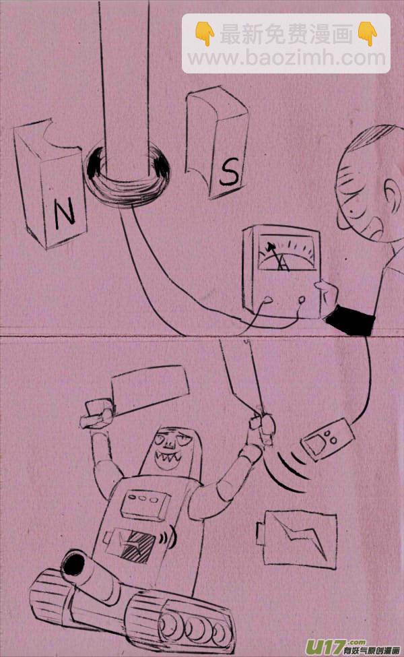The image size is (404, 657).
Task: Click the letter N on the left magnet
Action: coord(65,212)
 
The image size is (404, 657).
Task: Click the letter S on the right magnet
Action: coord(228,171)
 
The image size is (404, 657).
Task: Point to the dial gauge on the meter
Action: coord(286,253)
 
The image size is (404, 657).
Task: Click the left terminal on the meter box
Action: coord(267,300)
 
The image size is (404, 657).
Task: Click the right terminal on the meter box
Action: coord(302,300)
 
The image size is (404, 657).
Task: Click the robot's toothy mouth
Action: coord(168,460)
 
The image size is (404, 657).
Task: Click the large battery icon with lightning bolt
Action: coord(296,539)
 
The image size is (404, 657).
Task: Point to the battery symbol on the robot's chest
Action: coord(131,546)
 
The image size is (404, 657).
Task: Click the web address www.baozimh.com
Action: coord(286,57)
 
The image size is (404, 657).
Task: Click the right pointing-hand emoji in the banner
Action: coord(367,34)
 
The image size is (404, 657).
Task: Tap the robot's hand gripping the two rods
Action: coord(263,427)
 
